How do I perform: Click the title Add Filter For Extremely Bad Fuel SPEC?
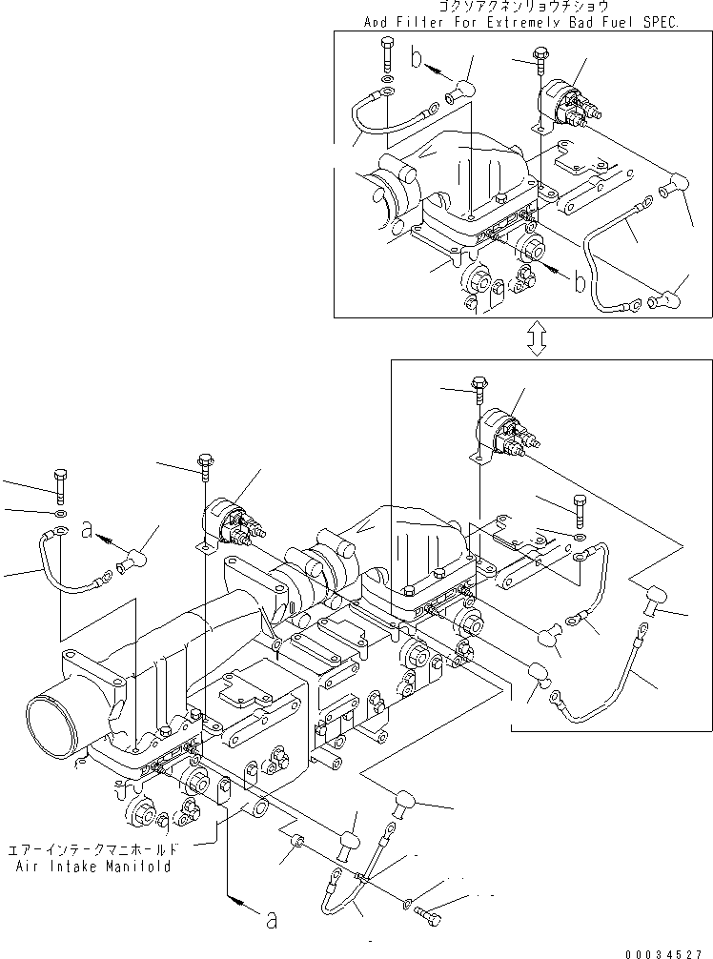point(521,21)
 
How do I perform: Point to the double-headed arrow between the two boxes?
point(538,337)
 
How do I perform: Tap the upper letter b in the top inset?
point(416,59)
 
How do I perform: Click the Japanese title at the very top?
point(518,7)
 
